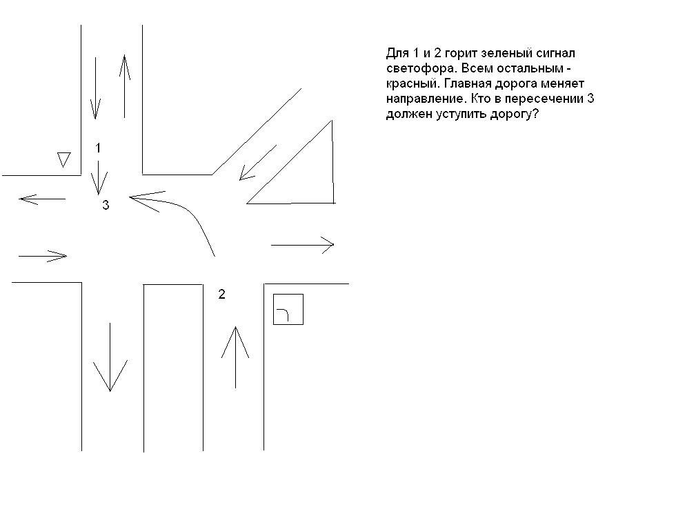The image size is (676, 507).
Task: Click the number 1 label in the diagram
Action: click(x=98, y=148)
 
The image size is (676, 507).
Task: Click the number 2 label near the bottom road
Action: click(x=221, y=294)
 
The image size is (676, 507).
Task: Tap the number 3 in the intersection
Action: click(x=106, y=206)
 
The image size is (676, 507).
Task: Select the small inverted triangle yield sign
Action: click(x=63, y=159)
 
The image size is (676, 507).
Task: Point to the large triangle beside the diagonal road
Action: click(x=332, y=161)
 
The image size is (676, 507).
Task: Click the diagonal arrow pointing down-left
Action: click(x=258, y=163)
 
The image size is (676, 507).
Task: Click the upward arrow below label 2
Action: click(x=235, y=357)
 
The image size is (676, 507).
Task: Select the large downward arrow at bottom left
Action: click(x=110, y=357)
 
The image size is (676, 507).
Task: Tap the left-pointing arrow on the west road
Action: click(x=42, y=199)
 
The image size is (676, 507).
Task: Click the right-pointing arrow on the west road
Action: click(x=43, y=256)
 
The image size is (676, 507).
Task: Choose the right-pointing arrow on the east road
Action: click(x=302, y=245)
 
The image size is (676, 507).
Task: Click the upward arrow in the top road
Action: click(x=125, y=86)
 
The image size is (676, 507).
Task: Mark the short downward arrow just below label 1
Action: click(x=98, y=178)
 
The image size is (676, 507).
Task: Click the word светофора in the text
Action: click(x=420, y=68)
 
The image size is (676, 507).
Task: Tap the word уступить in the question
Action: click(x=461, y=115)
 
